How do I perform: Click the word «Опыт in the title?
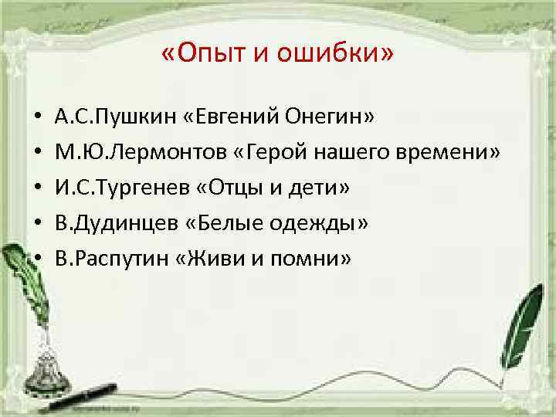pyautogui.click(x=202, y=56)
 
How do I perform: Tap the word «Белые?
pyautogui.click(x=219, y=223)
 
